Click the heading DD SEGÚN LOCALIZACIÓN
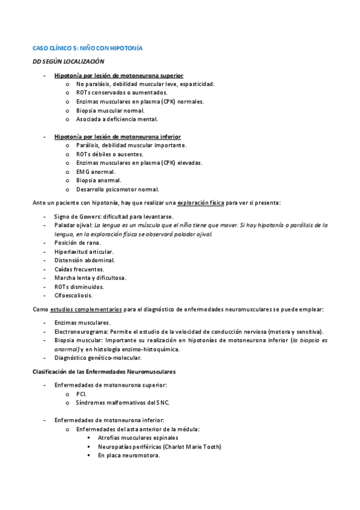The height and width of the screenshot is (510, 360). coord(69,61)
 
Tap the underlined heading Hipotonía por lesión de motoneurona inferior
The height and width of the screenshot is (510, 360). coord(117,137)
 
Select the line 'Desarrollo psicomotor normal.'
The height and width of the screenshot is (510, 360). coord(117,189)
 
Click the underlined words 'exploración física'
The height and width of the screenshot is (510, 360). coord(201,203)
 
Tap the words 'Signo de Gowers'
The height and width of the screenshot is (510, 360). coord(76,217)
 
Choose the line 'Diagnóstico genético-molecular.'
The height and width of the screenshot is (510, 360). coord(98,357)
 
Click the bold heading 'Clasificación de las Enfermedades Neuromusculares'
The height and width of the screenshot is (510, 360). coord(104,371)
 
